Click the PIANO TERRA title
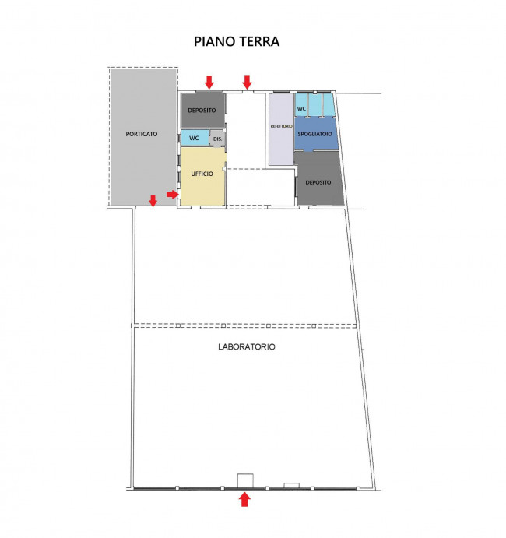pyautogui.click(x=237, y=41)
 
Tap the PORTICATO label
pyautogui.click(x=142, y=134)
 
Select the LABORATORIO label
pyautogui.click(x=247, y=347)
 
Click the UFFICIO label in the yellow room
pyautogui.click(x=202, y=174)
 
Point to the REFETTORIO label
pyautogui.click(x=281, y=126)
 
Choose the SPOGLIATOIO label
pyautogui.click(x=314, y=134)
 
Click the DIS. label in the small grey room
pyautogui.click(x=217, y=139)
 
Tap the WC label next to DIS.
pyautogui.click(x=194, y=138)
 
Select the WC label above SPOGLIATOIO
pyautogui.click(x=301, y=109)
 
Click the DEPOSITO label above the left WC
pyautogui.click(x=202, y=110)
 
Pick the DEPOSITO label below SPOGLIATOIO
pyautogui.click(x=318, y=182)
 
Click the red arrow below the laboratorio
pyautogui.click(x=244, y=499)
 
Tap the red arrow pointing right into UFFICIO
pyautogui.click(x=173, y=195)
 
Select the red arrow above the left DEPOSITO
pyautogui.click(x=209, y=82)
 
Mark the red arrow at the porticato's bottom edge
pyautogui.click(x=153, y=201)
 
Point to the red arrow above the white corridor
pyautogui.click(x=247, y=82)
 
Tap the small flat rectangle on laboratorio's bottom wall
pyautogui.click(x=291, y=485)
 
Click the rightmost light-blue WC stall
pyautogui.click(x=329, y=104)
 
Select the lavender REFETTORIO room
pyautogui.click(x=281, y=129)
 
